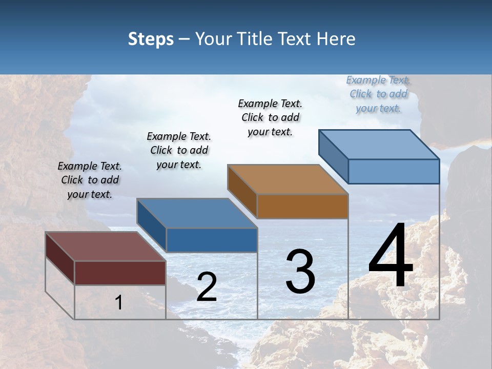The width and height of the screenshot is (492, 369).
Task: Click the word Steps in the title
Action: tap(151, 39)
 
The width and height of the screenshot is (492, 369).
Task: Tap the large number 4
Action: tap(391, 257)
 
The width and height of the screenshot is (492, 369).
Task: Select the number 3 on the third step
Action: tap(300, 272)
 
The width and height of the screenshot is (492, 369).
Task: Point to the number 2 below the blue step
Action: tap(207, 288)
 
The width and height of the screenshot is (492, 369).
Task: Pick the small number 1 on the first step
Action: tap(119, 303)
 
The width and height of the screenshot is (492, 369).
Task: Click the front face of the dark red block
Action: tap(120, 273)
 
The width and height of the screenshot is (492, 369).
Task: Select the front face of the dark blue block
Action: tap(212, 240)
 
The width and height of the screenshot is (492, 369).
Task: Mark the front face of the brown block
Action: tap(302, 207)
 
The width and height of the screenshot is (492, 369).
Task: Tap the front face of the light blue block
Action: tap(394, 171)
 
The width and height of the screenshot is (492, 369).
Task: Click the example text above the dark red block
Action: tap(90, 180)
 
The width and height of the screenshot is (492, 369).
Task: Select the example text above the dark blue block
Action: tap(179, 150)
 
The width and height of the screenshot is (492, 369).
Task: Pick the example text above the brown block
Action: tap(270, 117)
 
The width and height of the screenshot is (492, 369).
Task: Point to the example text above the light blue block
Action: tap(378, 94)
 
